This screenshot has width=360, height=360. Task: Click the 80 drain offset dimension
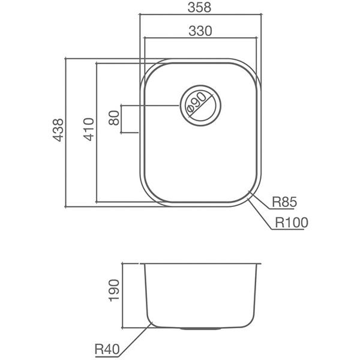tap(113, 118)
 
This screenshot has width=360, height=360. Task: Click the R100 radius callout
tap(291, 223)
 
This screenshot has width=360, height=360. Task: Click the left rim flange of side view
tap(142, 263)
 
